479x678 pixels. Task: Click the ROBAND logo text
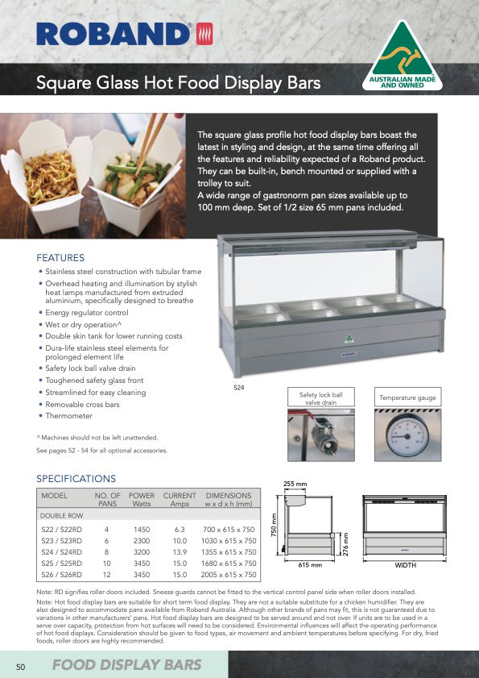[114, 34]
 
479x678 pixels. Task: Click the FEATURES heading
[60, 258]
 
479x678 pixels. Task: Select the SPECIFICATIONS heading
[76, 478]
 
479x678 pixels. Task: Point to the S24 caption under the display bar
[239, 388]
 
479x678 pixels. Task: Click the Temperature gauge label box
[407, 398]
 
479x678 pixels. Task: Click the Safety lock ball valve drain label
[320, 398]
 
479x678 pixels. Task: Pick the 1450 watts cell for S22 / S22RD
[142, 530]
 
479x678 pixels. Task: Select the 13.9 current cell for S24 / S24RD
[180, 552]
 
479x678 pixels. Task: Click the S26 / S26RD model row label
[64, 575]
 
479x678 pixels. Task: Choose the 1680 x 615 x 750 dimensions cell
[229, 564]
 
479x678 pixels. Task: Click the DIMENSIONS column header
[229, 495]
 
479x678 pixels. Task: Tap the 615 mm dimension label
[310, 566]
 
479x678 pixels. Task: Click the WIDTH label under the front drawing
[405, 566]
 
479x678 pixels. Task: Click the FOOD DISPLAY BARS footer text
[126, 665]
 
